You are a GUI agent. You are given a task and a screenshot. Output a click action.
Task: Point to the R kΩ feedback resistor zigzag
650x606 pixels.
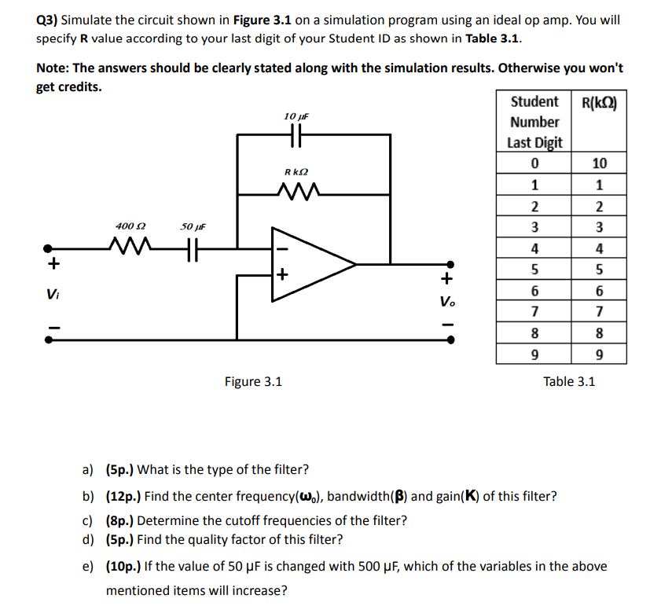click(296, 190)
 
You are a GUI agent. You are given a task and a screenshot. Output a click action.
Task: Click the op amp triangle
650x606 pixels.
click(311, 263)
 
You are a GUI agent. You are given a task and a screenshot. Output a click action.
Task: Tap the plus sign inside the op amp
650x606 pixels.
click(282, 275)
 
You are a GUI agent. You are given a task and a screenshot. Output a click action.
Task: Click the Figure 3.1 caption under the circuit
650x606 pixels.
click(253, 382)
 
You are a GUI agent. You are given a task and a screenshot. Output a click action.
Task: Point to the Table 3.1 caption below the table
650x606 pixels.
click(569, 382)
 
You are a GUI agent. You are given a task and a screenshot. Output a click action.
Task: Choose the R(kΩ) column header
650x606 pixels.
click(599, 102)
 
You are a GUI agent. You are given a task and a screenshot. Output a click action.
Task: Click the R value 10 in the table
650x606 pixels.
click(600, 163)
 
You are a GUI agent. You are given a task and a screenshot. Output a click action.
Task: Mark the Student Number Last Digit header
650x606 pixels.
click(534, 122)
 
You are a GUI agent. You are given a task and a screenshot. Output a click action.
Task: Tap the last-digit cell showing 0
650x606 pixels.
click(534, 163)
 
